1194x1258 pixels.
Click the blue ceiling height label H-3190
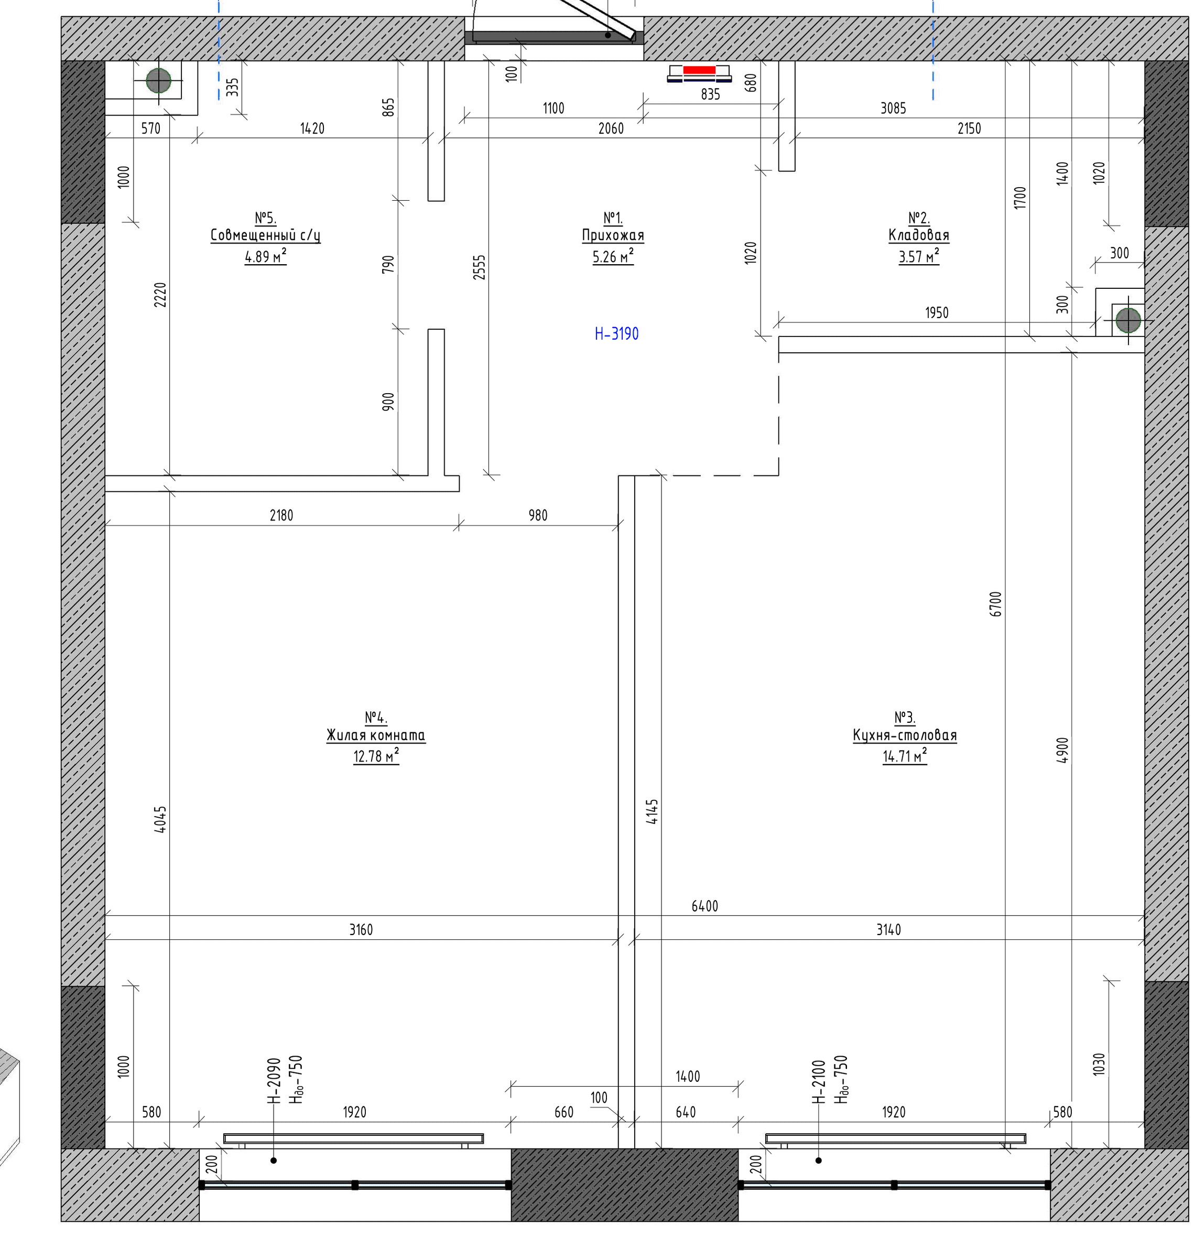point(616,334)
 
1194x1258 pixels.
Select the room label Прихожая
point(613,235)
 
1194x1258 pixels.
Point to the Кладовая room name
point(918,235)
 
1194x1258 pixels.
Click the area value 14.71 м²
point(905,756)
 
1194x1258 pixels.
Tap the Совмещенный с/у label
point(265,235)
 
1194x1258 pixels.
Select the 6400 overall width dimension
point(704,906)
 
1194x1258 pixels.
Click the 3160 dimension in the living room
point(361,929)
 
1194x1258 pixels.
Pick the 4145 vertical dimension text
point(653,812)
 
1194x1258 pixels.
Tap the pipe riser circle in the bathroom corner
point(158,81)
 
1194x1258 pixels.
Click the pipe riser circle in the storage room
point(1128,320)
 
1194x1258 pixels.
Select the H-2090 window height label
point(274,1080)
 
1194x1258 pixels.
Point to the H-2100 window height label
point(819,1081)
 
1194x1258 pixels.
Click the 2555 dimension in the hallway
point(479,267)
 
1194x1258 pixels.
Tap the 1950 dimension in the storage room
point(936,312)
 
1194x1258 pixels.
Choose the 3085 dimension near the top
point(893,108)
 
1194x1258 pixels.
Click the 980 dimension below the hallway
point(538,515)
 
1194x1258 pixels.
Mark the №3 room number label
point(905,718)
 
